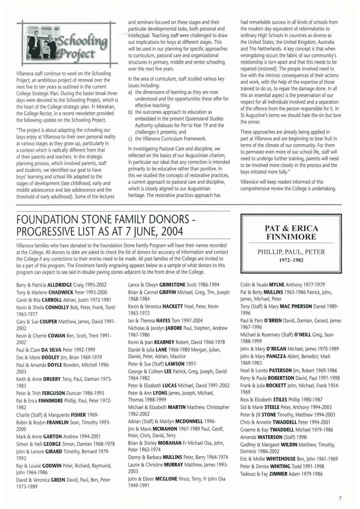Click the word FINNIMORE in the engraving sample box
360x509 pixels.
291,237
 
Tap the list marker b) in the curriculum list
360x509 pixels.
131,112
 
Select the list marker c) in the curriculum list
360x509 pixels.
131,139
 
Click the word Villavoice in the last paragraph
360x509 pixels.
250,182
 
